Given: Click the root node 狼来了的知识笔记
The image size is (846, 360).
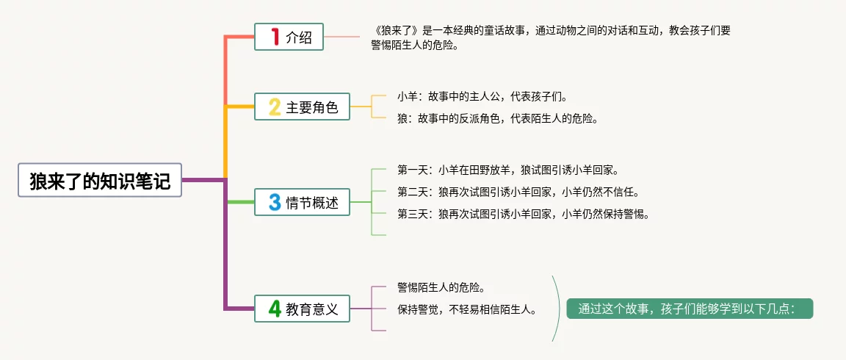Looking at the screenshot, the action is (x=100, y=180).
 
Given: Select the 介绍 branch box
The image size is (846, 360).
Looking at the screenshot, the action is (x=289, y=37).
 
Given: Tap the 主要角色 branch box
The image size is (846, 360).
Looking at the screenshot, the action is (x=302, y=107).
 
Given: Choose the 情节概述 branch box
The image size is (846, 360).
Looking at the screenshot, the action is (x=302, y=202).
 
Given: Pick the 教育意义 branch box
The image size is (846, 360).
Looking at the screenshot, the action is (x=302, y=309).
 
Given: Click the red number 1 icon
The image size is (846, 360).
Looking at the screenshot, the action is (x=275, y=37).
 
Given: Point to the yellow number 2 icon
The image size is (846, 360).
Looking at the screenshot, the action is (x=275, y=107).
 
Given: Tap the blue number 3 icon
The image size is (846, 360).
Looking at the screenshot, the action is (x=275, y=202).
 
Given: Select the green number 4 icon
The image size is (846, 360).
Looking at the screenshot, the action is (x=275, y=309).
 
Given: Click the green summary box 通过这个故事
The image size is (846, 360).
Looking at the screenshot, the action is (x=690, y=309).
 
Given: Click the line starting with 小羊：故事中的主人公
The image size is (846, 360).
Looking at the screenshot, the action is (x=482, y=96).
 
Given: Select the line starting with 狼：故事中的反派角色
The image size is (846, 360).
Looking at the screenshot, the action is (x=497, y=118).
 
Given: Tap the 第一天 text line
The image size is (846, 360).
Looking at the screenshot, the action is (x=507, y=170).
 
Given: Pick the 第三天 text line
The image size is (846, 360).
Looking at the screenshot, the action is (x=524, y=214).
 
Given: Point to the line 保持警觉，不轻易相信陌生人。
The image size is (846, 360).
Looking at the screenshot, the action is (x=468, y=309).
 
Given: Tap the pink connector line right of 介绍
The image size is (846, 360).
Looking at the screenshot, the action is (x=341, y=37).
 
